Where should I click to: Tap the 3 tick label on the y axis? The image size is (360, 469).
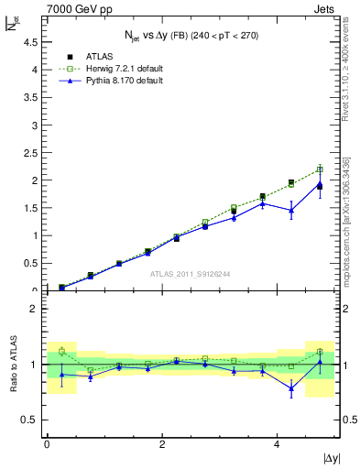click(x=36, y=125)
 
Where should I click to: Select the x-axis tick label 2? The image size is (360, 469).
click(x=161, y=444)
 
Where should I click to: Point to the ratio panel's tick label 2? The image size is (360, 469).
click(x=36, y=309)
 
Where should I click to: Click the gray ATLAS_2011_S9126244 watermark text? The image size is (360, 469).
click(x=191, y=273)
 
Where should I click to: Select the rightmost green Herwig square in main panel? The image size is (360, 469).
click(x=320, y=169)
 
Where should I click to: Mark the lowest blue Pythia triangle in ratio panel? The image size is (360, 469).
click(x=291, y=388)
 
